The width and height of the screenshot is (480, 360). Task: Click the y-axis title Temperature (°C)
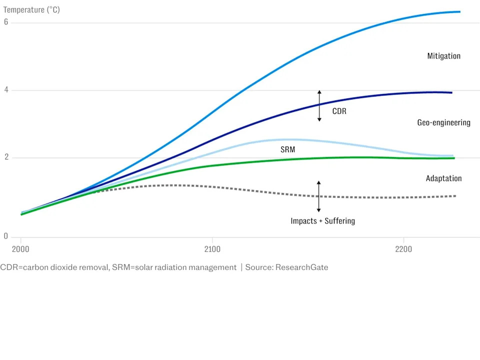[31, 9]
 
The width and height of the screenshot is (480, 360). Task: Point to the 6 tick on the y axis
[6, 22]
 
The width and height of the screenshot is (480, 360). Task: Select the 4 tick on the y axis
[6, 90]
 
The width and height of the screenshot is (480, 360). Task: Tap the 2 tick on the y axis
[6, 157]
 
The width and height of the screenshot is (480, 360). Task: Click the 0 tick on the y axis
[6, 236]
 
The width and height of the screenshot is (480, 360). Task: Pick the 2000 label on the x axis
[20, 249]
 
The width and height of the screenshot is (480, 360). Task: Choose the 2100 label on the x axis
[212, 249]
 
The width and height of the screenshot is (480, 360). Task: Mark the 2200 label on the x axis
[403, 249]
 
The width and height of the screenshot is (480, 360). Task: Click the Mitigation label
[443, 56]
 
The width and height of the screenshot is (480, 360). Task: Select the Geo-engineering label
[443, 122]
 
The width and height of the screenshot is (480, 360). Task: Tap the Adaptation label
[443, 178]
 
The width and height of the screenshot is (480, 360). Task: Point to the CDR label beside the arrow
[339, 111]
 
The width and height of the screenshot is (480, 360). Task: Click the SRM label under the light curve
[287, 149]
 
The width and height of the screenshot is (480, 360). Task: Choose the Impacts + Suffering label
[322, 220]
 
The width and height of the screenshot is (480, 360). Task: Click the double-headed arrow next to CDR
[319, 106]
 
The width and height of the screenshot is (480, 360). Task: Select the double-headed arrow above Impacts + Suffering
[318, 196]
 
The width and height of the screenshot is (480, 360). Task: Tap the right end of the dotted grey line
[455, 196]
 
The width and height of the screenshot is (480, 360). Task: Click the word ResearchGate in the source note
[302, 267]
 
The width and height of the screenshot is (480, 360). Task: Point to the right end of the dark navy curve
[451, 92]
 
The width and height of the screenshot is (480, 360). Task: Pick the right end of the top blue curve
[459, 11]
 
